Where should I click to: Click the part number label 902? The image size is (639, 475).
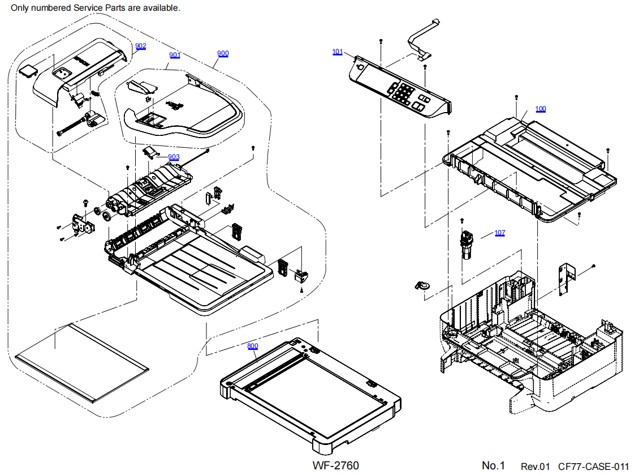(140, 46)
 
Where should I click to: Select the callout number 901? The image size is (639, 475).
(175, 55)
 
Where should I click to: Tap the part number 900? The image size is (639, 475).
(223, 53)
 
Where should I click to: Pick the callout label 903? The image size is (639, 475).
(174, 157)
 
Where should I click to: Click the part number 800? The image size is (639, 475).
(252, 346)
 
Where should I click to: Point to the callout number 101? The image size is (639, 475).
(337, 52)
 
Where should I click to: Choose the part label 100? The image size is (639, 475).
(541, 109)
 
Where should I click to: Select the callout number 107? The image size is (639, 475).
(500, 233)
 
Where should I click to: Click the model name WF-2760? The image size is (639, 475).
(335, 465)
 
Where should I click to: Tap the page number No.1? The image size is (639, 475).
(493, 465)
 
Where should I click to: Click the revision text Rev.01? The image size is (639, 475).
(535, 466)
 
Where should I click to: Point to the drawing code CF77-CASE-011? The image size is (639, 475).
(593, 466)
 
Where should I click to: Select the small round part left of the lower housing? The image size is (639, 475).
(421, 285)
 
